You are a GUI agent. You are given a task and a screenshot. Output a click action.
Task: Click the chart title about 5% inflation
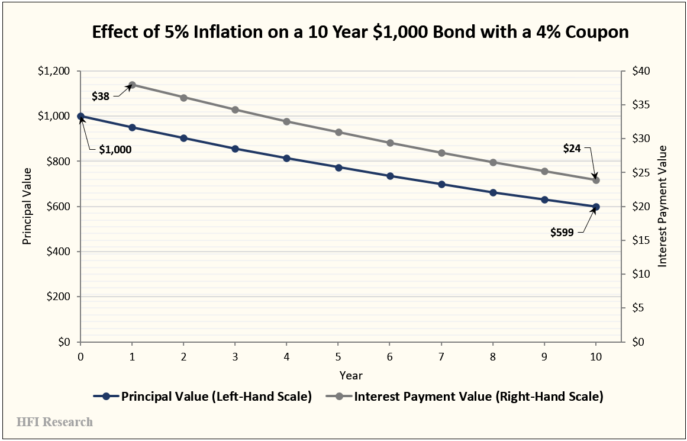360,32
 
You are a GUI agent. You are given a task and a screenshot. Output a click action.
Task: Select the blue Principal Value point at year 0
80,117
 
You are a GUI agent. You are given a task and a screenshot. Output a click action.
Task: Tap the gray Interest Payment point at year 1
133,85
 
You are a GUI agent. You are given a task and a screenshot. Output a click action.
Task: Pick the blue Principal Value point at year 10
596,207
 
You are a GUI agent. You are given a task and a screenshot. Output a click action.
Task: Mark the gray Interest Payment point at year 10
596,180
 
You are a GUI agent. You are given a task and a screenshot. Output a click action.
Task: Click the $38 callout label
101,95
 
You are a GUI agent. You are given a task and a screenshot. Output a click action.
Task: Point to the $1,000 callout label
115,150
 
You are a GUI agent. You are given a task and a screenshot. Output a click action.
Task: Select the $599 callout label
562,233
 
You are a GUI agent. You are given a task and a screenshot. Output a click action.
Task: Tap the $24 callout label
572,149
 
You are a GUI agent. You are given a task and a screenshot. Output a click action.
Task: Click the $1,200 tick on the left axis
54,71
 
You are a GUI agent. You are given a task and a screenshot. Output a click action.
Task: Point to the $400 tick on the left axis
58,252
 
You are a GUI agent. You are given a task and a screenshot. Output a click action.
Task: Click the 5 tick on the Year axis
338,357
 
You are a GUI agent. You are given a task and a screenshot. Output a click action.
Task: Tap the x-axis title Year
351,375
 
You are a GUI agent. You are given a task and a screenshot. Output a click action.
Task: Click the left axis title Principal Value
27,206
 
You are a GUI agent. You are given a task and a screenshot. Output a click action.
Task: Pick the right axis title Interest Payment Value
663,206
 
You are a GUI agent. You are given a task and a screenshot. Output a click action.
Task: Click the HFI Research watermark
54,422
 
